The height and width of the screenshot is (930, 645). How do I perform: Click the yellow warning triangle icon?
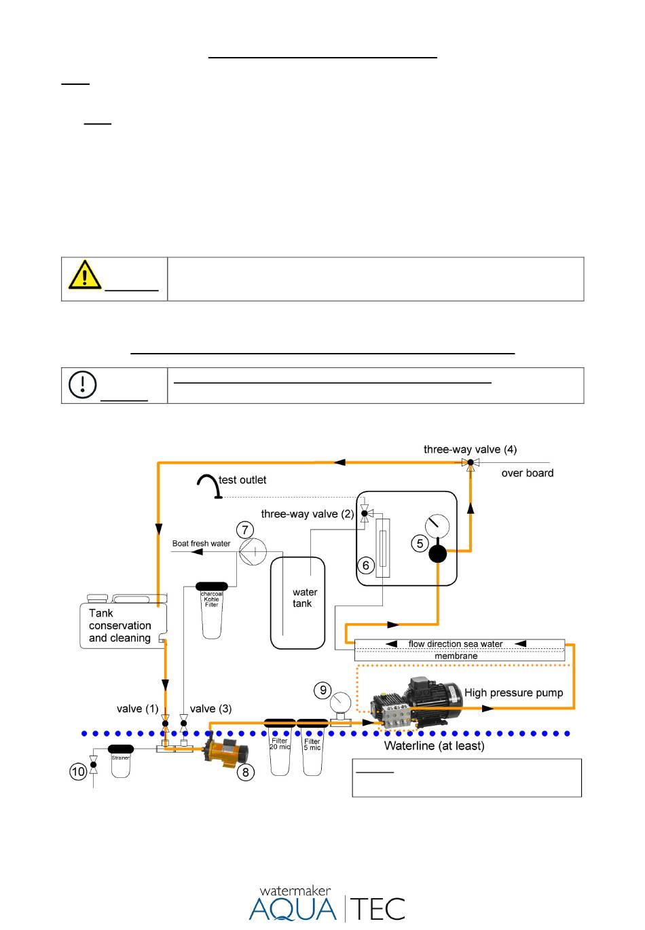pos(85,275)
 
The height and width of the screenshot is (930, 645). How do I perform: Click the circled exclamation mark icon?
pos(82,384)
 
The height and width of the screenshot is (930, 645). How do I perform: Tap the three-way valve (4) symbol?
pos(470,464)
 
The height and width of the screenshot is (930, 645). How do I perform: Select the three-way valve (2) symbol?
pos(365,514)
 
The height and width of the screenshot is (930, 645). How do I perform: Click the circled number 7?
pos(244,529)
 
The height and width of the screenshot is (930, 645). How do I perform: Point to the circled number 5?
pos(420,544)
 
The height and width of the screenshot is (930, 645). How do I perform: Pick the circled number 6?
pos(365,565)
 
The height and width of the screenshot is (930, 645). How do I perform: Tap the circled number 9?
pos(322,690)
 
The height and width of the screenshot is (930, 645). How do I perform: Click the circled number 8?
pos(246,773)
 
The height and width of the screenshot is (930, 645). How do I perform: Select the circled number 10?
pos(77,772)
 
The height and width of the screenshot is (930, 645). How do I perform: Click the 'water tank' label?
pos(304,597)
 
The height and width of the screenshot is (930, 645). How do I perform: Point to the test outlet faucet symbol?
pos(209,486)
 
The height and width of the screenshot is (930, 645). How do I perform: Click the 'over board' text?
pos(527,473)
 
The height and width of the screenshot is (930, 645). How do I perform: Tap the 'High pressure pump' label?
pos(513,692)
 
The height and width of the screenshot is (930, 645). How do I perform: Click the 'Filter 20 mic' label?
pos(280,743)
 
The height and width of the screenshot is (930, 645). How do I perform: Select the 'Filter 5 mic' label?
pos(312,745)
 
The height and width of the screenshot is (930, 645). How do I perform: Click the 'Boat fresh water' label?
pos(201,544)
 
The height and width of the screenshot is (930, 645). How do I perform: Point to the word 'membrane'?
pos(456,656)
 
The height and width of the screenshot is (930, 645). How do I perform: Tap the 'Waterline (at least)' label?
pos(434,745)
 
